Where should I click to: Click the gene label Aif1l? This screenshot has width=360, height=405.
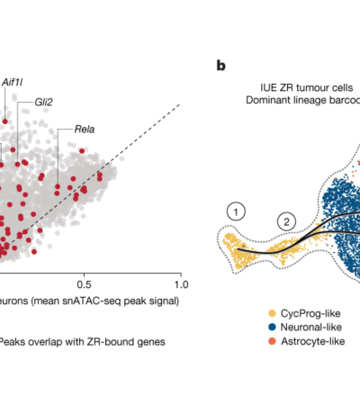click(13, 82)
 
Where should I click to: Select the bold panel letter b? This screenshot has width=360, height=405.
click(220, 66)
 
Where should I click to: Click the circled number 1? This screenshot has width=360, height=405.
click(236, 211)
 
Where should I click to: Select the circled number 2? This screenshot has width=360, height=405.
click(285, 220)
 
